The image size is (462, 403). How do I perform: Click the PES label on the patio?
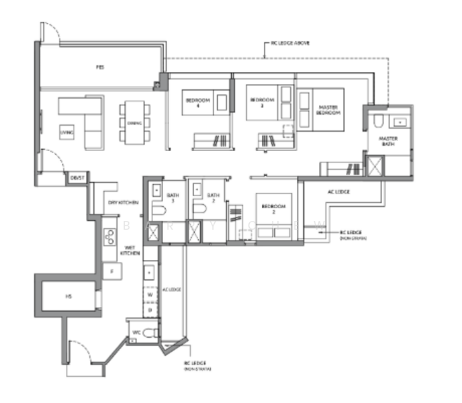tap(99, 67)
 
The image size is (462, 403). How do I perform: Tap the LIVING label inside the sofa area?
tap(68, 132)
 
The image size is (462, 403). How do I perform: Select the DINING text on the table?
tap(134, 122)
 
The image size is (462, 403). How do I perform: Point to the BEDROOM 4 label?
tap(197, 102)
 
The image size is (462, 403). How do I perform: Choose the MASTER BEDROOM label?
tap(329, 109)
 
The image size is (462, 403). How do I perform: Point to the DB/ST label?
tap(77, 178)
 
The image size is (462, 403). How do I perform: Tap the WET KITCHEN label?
tap(129, 251)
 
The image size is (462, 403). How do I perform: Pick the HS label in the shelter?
tap(68, 296)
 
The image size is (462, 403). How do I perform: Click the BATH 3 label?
tap(171, 197)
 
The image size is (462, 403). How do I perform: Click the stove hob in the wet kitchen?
tap(109, 236)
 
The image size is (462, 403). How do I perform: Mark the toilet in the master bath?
tap(378, 120)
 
